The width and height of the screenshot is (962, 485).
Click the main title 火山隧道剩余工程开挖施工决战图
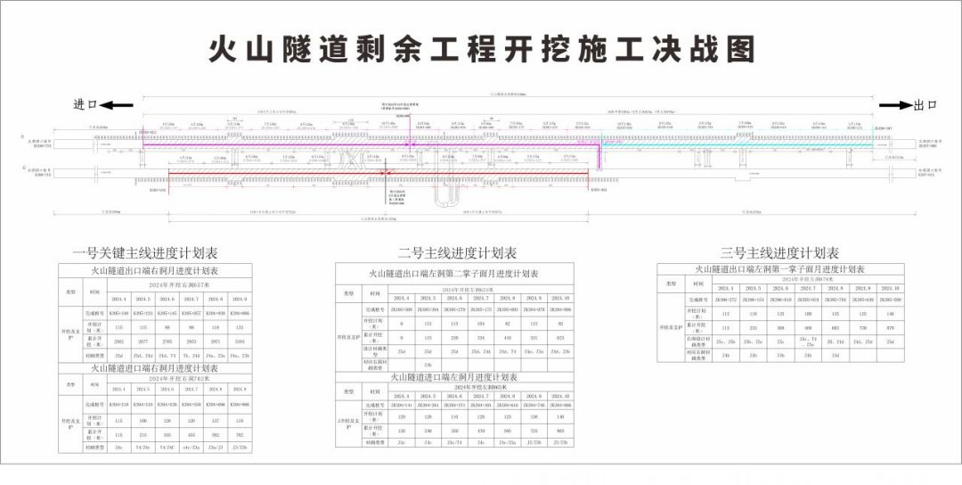click(481, 49)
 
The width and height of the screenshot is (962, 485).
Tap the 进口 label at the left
click(86, 104)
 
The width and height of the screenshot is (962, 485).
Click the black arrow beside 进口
click(117, 104)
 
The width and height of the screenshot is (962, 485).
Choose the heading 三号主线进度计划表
click(779, 253)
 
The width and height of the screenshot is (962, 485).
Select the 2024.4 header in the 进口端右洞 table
click(118, 389)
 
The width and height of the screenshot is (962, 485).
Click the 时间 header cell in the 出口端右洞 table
click(94, 292)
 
